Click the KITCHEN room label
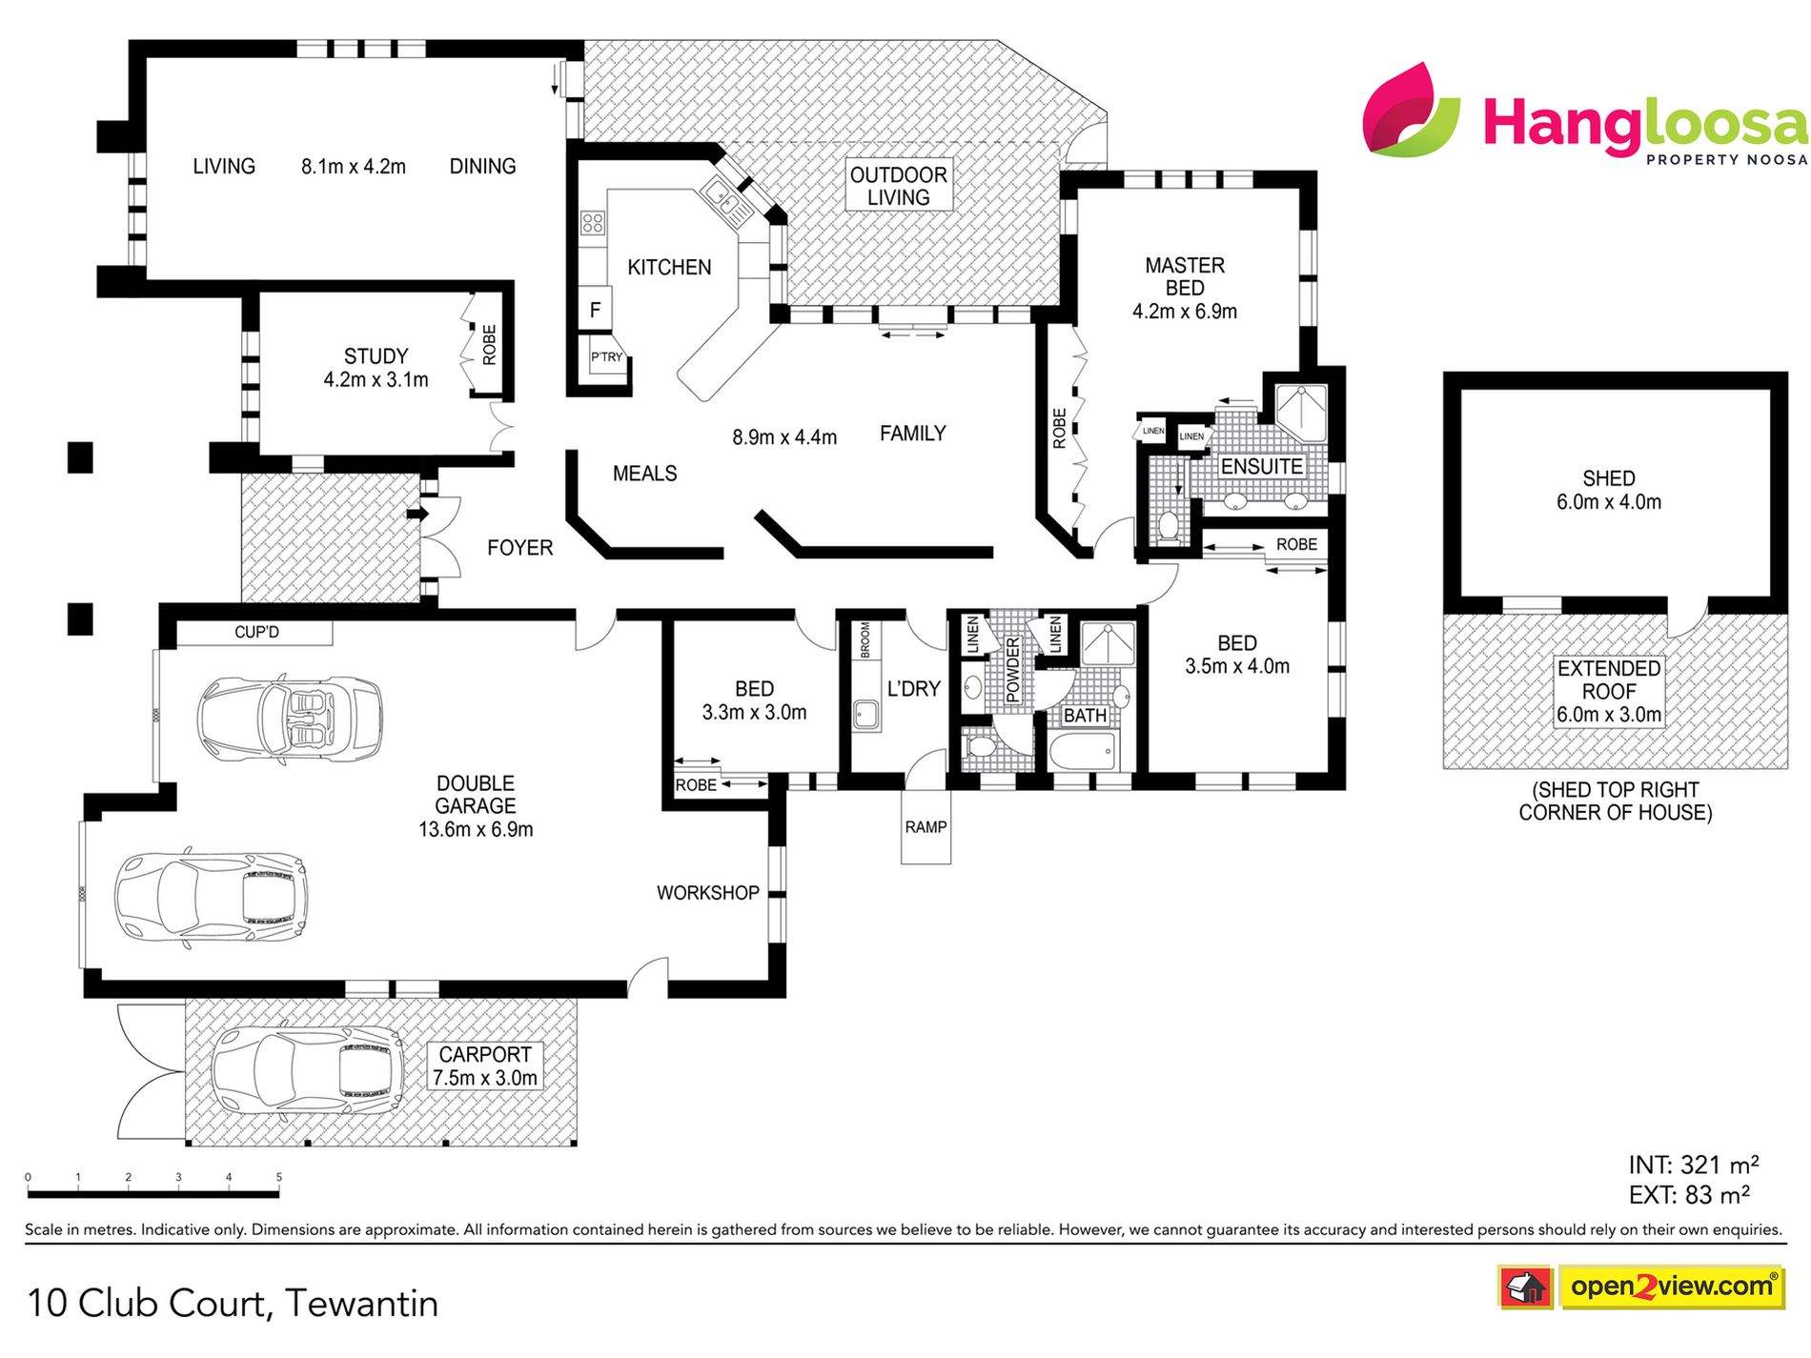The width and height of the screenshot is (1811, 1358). [x=669, y=268]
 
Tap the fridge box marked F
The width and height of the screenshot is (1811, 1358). [x=596, y=310]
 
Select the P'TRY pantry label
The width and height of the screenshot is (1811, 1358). [x=606, y=357]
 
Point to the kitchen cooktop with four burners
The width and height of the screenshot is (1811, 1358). [x=593, y=223]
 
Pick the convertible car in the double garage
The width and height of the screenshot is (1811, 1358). [x=290, y=719]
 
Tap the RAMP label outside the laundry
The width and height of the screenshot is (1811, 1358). [x=926, y=827]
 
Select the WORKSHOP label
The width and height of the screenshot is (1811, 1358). [x=707, y=893]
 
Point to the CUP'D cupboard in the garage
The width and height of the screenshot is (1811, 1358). [x=256, y=633]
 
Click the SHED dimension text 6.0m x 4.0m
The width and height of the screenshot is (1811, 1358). [x=1609, y=502]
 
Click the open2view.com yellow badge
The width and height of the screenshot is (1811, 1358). [x=1672, y=1287]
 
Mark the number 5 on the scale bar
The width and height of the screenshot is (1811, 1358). [x=279, y=1177]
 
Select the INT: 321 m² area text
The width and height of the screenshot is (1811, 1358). [x=1694, y=1165]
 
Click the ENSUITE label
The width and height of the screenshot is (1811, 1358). [x=1262, y=467]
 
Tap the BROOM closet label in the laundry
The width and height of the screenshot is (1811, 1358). [x=865, y=640]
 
